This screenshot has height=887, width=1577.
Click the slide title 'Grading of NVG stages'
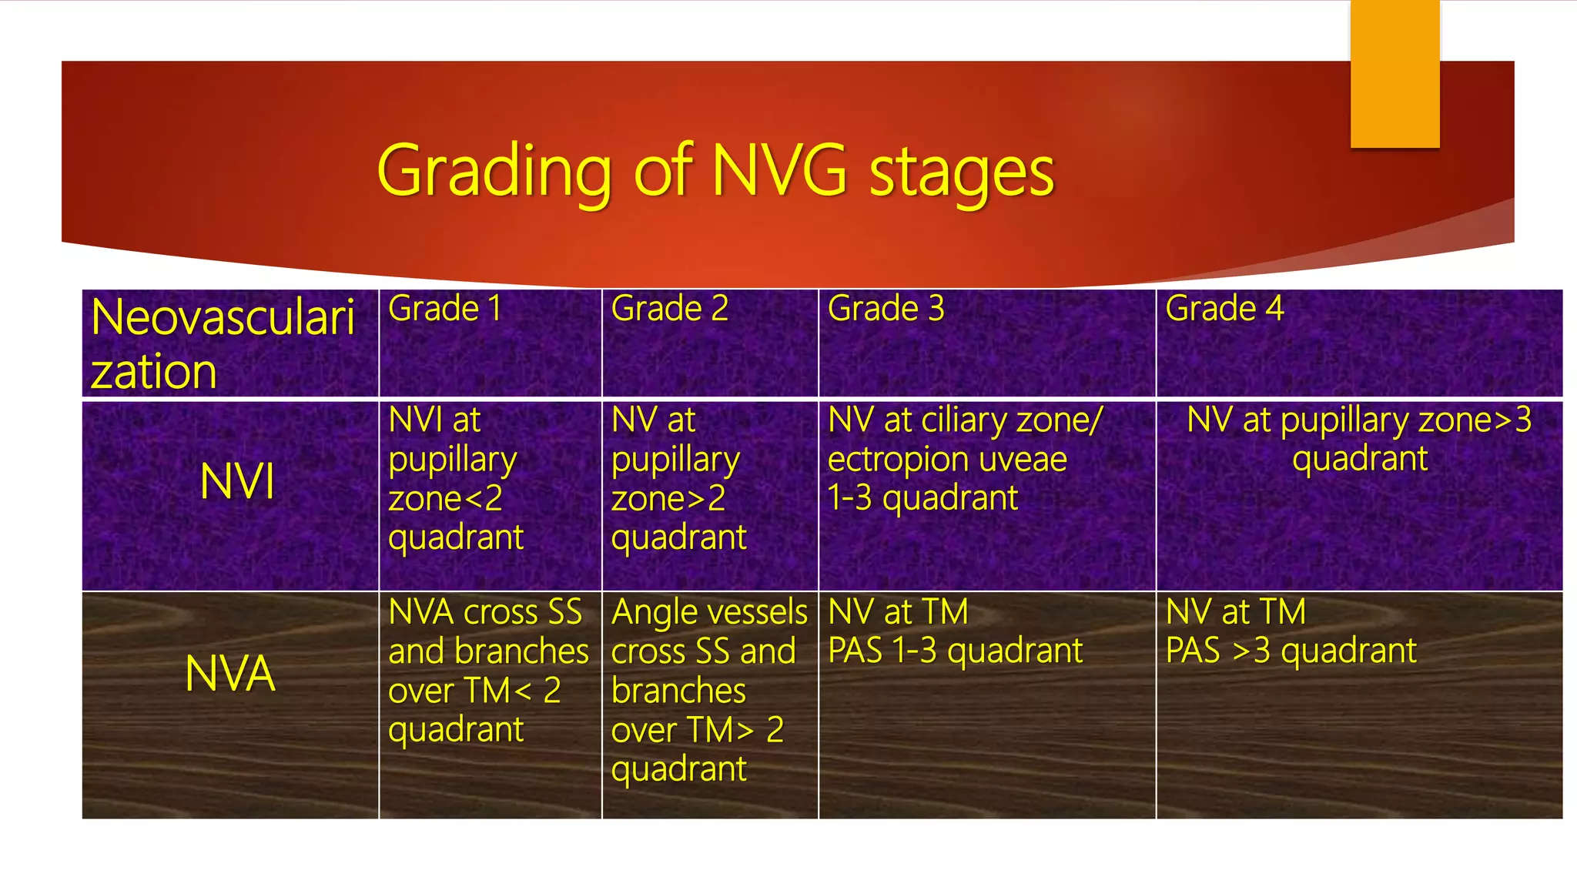(x=715, y=171)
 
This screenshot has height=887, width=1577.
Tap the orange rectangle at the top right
(x=1395, y=73)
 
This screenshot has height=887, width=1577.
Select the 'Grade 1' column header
(x=445, y=309)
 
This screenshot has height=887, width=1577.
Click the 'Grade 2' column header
(x=669, y=309)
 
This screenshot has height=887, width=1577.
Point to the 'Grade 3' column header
(x=886, y=309)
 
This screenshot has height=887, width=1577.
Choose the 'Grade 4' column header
(x=1224, y=309)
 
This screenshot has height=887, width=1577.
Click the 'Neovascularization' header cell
(x=223, y=343)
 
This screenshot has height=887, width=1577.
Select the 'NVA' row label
(x=229, y=674)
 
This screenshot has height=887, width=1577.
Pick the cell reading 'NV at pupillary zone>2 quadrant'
(x=678, y=478)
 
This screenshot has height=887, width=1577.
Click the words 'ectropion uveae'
(x=947, y=460)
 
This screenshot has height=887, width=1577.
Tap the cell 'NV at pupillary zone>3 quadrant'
(x=1359, y=440)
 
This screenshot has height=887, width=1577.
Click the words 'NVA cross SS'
(x=485, y=613)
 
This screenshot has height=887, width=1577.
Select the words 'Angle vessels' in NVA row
(x=708, y=613)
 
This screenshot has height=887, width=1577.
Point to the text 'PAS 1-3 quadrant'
(x=955, y=651)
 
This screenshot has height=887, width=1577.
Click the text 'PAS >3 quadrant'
(x=1291, y=651)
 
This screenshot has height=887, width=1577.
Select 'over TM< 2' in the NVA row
(x=474, y=691)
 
